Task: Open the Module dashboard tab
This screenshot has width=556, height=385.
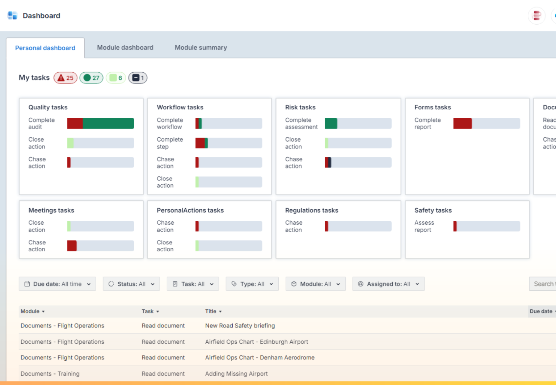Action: [125, 47]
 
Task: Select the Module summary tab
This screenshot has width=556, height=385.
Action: [201, 47]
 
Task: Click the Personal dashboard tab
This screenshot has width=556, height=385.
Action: [45, 48]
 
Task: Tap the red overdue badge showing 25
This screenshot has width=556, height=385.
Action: [66, 78]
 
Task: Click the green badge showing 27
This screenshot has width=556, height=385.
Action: [92, 78]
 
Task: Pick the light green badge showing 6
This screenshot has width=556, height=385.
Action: [116, 78]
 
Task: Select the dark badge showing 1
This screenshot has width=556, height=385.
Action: [138, 78]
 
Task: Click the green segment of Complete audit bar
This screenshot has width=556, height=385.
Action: [108, 124]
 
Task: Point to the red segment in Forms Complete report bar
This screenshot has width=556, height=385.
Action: [462, 124]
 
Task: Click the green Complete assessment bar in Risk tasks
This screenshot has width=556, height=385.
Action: [331, 124]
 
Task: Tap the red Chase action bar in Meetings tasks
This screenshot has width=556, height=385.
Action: [72, 246]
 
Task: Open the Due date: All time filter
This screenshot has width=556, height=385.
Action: [57, 284]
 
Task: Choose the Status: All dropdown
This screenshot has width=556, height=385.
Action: [132, 284]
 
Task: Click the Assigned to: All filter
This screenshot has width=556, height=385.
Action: [388, 284]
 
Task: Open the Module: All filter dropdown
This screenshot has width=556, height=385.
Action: [315, 284]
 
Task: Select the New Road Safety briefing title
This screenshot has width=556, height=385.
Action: [240, 326]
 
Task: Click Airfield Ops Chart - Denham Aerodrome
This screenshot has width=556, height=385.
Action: [260, 357]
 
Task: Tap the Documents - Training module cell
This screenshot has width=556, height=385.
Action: [50, 373]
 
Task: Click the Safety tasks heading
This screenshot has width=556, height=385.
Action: [433, 210]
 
